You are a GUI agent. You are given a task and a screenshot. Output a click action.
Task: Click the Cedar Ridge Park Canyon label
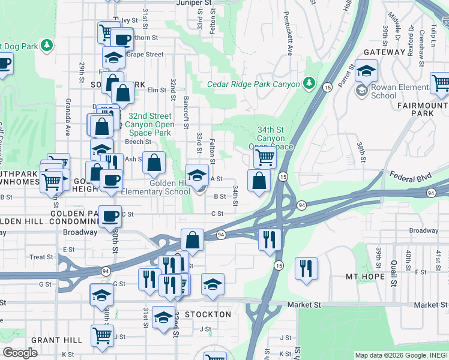pos(253,84)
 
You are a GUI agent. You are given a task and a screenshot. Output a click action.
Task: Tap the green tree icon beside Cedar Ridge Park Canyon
pos(309,82)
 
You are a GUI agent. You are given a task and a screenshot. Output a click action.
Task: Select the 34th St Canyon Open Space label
pos(271,137)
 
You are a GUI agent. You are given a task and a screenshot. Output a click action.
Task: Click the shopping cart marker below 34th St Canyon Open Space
pos(264,158)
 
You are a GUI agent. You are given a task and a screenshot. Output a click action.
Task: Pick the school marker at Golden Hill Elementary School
pos(197,175)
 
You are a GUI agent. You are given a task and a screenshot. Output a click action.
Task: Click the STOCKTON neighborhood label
pos(208,314)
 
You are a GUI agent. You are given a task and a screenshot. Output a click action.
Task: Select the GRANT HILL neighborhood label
pos(53,340)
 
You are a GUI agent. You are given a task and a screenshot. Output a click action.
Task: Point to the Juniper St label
pos(195,3)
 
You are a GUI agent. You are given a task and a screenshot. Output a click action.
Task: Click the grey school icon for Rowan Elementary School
pos(361,91)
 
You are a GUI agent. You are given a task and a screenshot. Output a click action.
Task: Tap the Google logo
pos(20,353)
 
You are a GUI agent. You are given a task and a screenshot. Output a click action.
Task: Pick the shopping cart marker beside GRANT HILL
pos(102,335)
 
